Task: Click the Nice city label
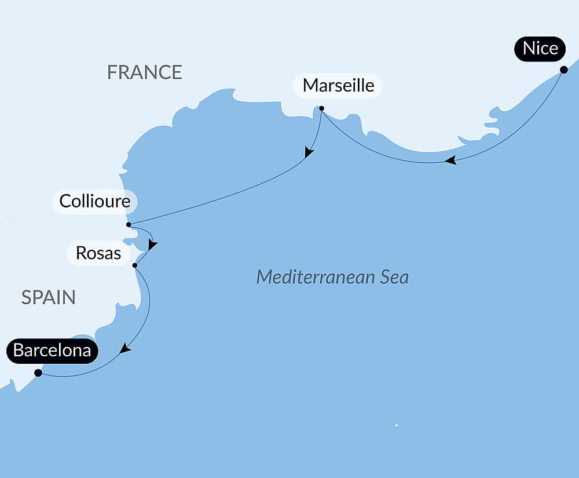pos(540,49)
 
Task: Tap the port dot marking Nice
pos(563,70)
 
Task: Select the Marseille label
pos(338,86)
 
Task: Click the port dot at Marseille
pos(322,108)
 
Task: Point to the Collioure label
pos(95,202)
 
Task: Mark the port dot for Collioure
pos(129,224)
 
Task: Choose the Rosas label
pos(98,253)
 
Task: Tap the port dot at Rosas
pos(135,265)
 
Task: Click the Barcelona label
pos(52,351)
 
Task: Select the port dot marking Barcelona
pos(38,373)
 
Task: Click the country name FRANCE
pos(145,72)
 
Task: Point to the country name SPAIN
pos(49,297)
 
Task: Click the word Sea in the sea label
pos(394,277)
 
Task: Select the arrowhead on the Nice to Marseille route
pos(450,160)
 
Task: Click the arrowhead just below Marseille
pos(309,153)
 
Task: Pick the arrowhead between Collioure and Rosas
pos(152,245)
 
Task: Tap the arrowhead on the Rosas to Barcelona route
pos(124,349)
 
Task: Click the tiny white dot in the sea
pos(396,425)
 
